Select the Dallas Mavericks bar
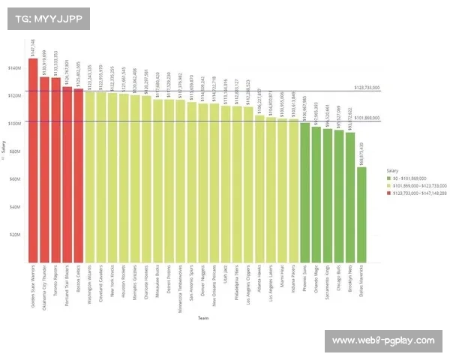(x=361, y=214)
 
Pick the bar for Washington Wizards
(x=90, y=177)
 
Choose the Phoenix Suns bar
(x=304, y=192)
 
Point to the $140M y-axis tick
(x=14, y=68)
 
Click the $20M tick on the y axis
(x=14, y=234)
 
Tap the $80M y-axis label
(x=14, y=151)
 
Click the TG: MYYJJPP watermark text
(x=44, y=18)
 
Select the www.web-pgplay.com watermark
(x=382, y=340)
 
